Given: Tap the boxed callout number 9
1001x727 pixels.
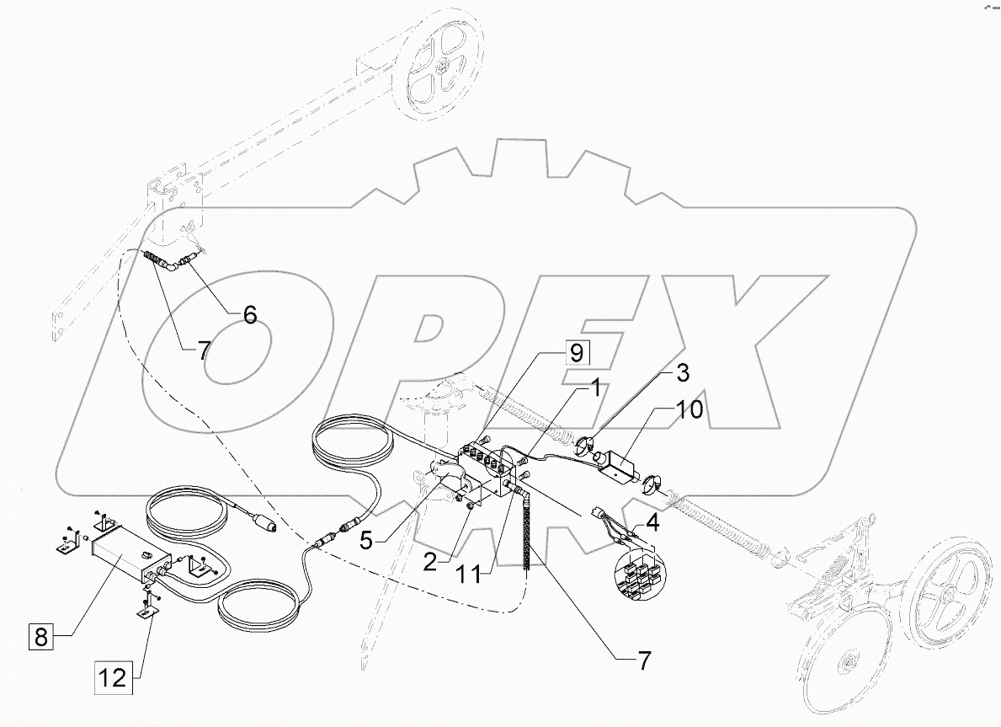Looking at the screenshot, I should tap(576, 352).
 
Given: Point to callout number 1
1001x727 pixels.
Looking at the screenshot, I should tap(594, 388).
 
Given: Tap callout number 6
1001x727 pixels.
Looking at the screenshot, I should tap(250, 314).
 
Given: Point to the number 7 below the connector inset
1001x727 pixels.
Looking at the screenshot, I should tap(645, 660).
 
